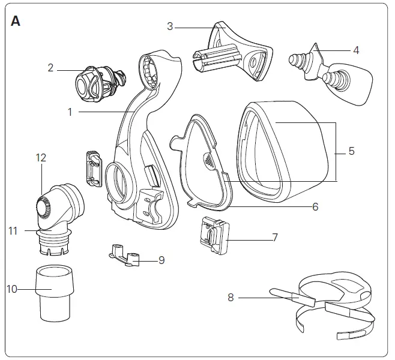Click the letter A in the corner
click(16, 21)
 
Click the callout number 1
click(70, 111)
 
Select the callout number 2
click(51, 68)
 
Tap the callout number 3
click(170, 26)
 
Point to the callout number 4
click(356, 50)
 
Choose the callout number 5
click(351, 151)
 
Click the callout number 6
click(315, 207)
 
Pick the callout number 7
click(275, 238)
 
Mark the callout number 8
click(231, 296)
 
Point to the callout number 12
click(40, 158)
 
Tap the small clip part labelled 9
click(127, 254)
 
